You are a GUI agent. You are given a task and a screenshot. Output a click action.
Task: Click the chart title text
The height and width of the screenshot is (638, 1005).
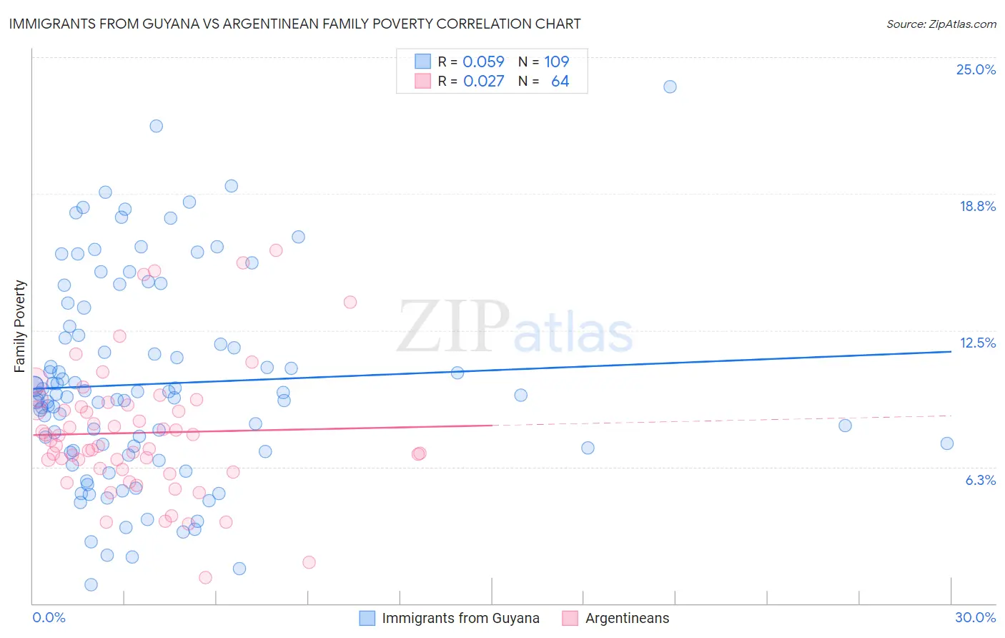[294, 24]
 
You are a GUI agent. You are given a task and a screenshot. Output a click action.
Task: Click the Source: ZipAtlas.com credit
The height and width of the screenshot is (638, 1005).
[941, 24]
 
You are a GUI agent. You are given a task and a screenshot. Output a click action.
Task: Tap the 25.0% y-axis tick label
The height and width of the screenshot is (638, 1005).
[976, 69]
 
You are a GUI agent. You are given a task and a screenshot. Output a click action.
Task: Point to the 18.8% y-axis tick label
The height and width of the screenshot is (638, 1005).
[977, 206]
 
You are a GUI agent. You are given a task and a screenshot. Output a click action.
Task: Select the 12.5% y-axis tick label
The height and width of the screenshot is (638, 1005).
[977, 343]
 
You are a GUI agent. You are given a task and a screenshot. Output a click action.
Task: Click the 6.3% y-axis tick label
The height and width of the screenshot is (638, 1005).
[980, 480]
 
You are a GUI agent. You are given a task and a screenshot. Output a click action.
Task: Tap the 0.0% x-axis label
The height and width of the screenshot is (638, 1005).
[49, 617]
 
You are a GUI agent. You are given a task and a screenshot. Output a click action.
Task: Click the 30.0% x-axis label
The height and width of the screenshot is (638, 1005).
[975, 617]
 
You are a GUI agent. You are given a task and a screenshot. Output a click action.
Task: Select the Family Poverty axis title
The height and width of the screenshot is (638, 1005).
[20, 326]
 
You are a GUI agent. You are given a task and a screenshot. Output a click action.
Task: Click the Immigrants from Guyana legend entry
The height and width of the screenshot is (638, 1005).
[460, 618]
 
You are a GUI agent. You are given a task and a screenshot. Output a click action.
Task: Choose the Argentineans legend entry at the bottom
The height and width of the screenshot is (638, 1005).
[627, 618]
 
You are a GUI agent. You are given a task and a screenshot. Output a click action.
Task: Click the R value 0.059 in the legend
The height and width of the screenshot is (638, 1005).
[483, 62]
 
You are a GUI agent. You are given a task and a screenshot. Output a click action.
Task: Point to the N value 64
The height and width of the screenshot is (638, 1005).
[560, 82]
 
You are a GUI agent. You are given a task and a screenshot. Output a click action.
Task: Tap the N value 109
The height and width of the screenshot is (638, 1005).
[556, 62]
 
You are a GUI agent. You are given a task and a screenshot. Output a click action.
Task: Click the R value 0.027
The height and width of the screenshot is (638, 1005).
[483, 82]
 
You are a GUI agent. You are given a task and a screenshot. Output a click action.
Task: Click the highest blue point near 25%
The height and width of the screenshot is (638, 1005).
[670, 87]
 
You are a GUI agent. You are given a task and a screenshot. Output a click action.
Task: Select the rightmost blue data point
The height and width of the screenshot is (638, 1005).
[946, 443]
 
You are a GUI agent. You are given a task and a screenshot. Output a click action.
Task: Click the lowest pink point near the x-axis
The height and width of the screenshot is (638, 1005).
[205, 577]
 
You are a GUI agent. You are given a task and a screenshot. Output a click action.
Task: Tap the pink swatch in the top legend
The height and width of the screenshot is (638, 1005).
[422, 82]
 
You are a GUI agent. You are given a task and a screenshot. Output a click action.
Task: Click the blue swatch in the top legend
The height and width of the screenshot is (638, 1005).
[422, 62]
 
